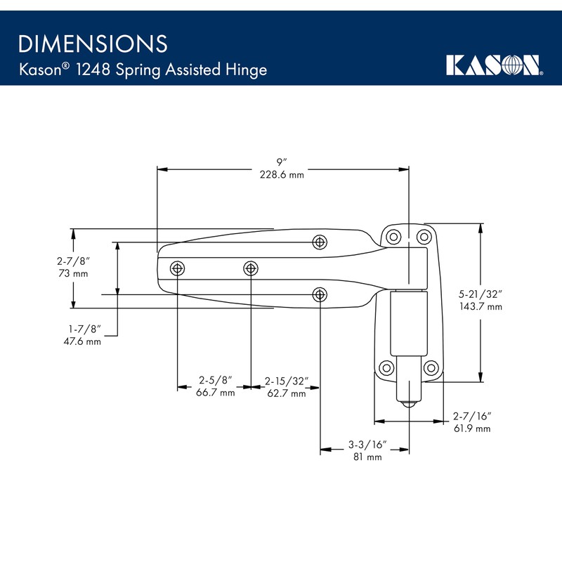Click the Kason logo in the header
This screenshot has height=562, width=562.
point(494,65)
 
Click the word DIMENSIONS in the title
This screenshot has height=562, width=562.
point(93,44)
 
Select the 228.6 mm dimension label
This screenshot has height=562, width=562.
point(281,175)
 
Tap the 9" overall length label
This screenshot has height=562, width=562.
point(281,162)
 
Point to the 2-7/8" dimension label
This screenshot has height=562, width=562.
point(73,261)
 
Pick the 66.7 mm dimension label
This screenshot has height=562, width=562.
point(215,393)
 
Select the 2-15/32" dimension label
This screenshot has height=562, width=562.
point(286,381)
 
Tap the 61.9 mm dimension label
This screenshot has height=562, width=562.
point(472,429)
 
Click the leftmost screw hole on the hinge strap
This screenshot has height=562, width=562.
point(178,268)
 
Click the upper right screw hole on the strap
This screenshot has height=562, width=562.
point(320,242)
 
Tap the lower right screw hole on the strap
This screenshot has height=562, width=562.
point(320,294)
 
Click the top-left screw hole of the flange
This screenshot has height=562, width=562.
point(393,235)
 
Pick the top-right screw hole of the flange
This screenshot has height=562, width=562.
point(423,235)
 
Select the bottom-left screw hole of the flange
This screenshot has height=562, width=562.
point(386,367)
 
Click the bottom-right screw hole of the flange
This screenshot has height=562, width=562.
point(431,367)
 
